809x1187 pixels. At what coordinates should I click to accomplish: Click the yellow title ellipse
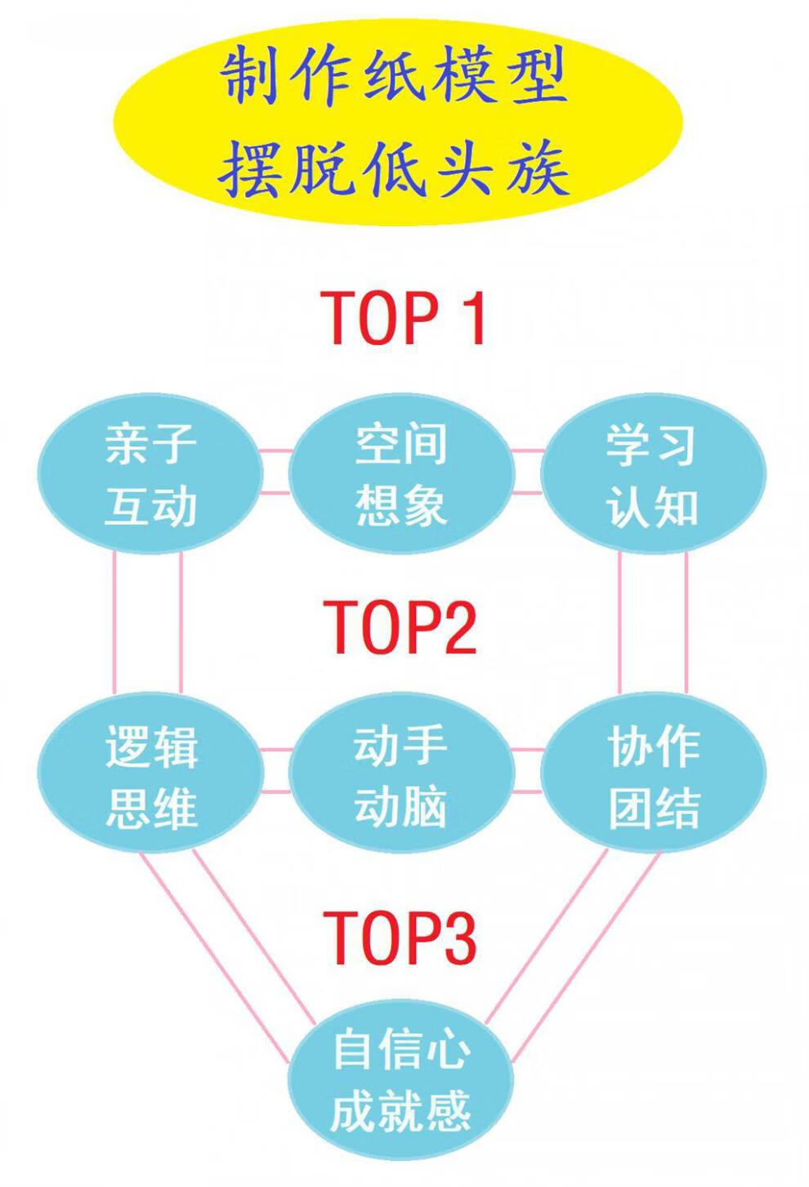tap(398, 123)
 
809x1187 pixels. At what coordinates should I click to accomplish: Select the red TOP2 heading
tap(400, 626)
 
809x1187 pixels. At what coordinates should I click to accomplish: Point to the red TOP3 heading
tap(400, 937)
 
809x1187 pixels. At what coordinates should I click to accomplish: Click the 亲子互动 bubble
tap(151, 475)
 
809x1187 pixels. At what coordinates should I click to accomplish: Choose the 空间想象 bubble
tap(400, 475)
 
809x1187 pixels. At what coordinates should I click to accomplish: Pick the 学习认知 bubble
tap(653, 475)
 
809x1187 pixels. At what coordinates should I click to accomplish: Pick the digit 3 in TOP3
tap(457, 937)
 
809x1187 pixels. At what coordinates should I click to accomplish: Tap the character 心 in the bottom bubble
tap(446, 1050)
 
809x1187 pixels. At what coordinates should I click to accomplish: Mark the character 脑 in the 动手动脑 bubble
tap(423, 806)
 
